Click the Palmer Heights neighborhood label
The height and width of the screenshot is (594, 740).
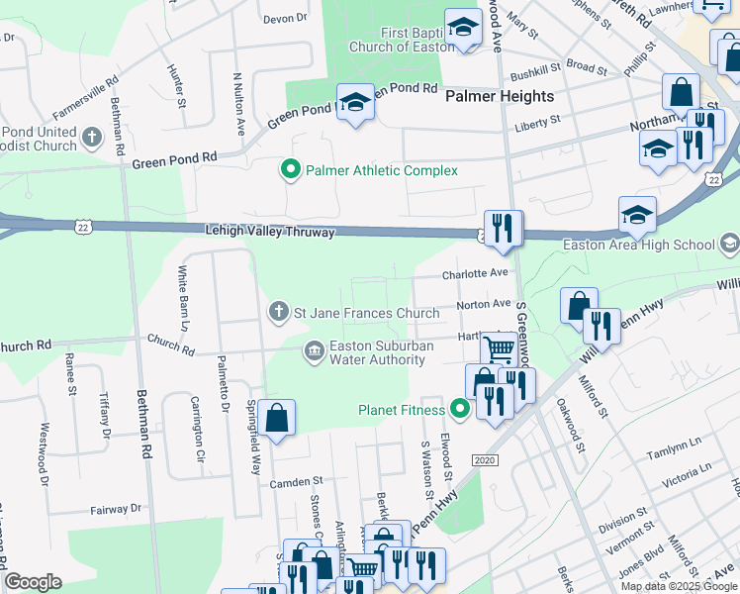pos(500,96)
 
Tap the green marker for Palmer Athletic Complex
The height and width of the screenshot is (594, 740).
pos(291,170)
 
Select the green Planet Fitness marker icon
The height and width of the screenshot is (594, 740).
pos(459,408)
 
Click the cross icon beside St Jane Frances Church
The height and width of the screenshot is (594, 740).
pos(279,313)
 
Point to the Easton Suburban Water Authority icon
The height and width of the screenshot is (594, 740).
pos(315,351)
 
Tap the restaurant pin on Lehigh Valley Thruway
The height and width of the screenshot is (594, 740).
pos(503,229)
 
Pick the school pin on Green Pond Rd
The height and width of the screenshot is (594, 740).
pos(355,102)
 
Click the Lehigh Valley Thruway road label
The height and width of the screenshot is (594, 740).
pos(270,232)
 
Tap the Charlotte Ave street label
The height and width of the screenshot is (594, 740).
pos(475,272)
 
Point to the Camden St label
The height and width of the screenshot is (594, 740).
pos(296,482)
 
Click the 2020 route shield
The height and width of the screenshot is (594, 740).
pos(484,461)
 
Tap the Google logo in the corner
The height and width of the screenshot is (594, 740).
pos(33,582)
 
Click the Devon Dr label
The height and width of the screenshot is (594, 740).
pos(286,19)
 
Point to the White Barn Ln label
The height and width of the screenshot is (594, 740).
pos(184,298)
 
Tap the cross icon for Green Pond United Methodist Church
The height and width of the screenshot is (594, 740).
pos(91,136)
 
